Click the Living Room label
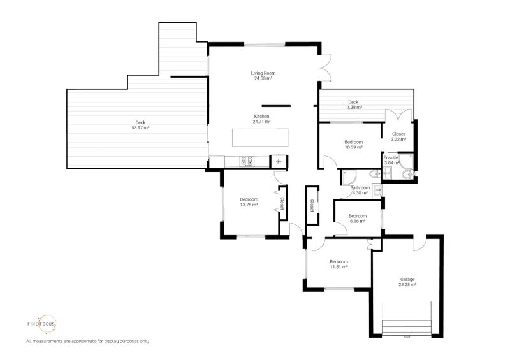(263, 73)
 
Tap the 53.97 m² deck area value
(140, 128)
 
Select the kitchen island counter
(260, 138)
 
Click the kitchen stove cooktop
(247, 162)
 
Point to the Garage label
(407, 279)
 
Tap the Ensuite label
(391, 158)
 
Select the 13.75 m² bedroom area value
(249, 205)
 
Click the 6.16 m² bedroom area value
(358, 221)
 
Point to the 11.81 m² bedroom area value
(339, 267)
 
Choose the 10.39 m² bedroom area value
(354, 147)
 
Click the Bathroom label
(360, 187)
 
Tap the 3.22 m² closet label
(398, 136)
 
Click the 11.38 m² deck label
(353, 104)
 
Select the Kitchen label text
(262, 117)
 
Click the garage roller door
(407, 328)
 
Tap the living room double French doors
(325, 68)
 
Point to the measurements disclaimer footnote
(88, 341)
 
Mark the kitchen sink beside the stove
(279, 162)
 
